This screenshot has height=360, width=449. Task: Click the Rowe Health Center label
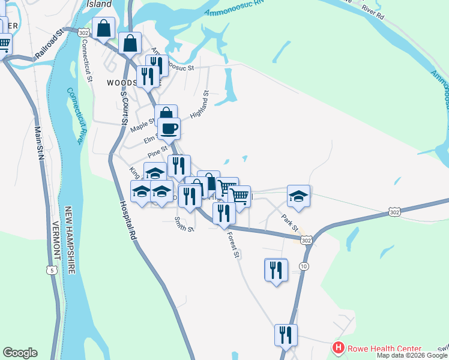tap(384, 349)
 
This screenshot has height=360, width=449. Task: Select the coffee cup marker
tap(169, 127)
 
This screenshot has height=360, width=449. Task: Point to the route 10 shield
tap(304, 266)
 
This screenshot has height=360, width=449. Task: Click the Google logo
tap(20, 353)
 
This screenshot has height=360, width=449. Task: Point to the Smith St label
tap(184, 224)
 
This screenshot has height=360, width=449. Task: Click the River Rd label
tap(371, 15)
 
